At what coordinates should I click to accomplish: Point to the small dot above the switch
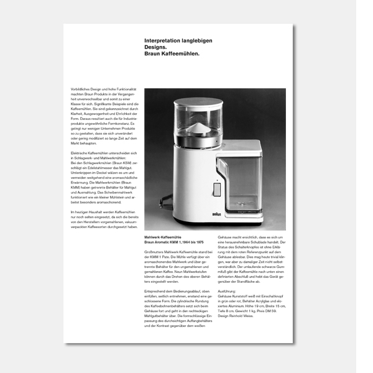point(216,179)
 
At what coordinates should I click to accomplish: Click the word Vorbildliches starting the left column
point(80,90)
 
